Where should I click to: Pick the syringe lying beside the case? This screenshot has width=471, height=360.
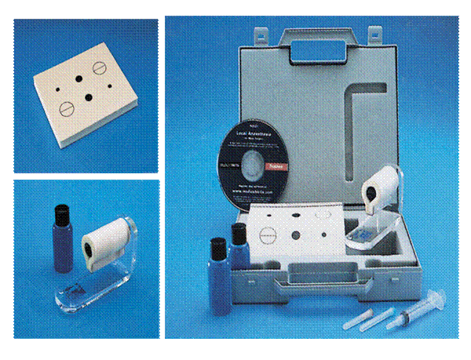[x=408, y=312]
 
